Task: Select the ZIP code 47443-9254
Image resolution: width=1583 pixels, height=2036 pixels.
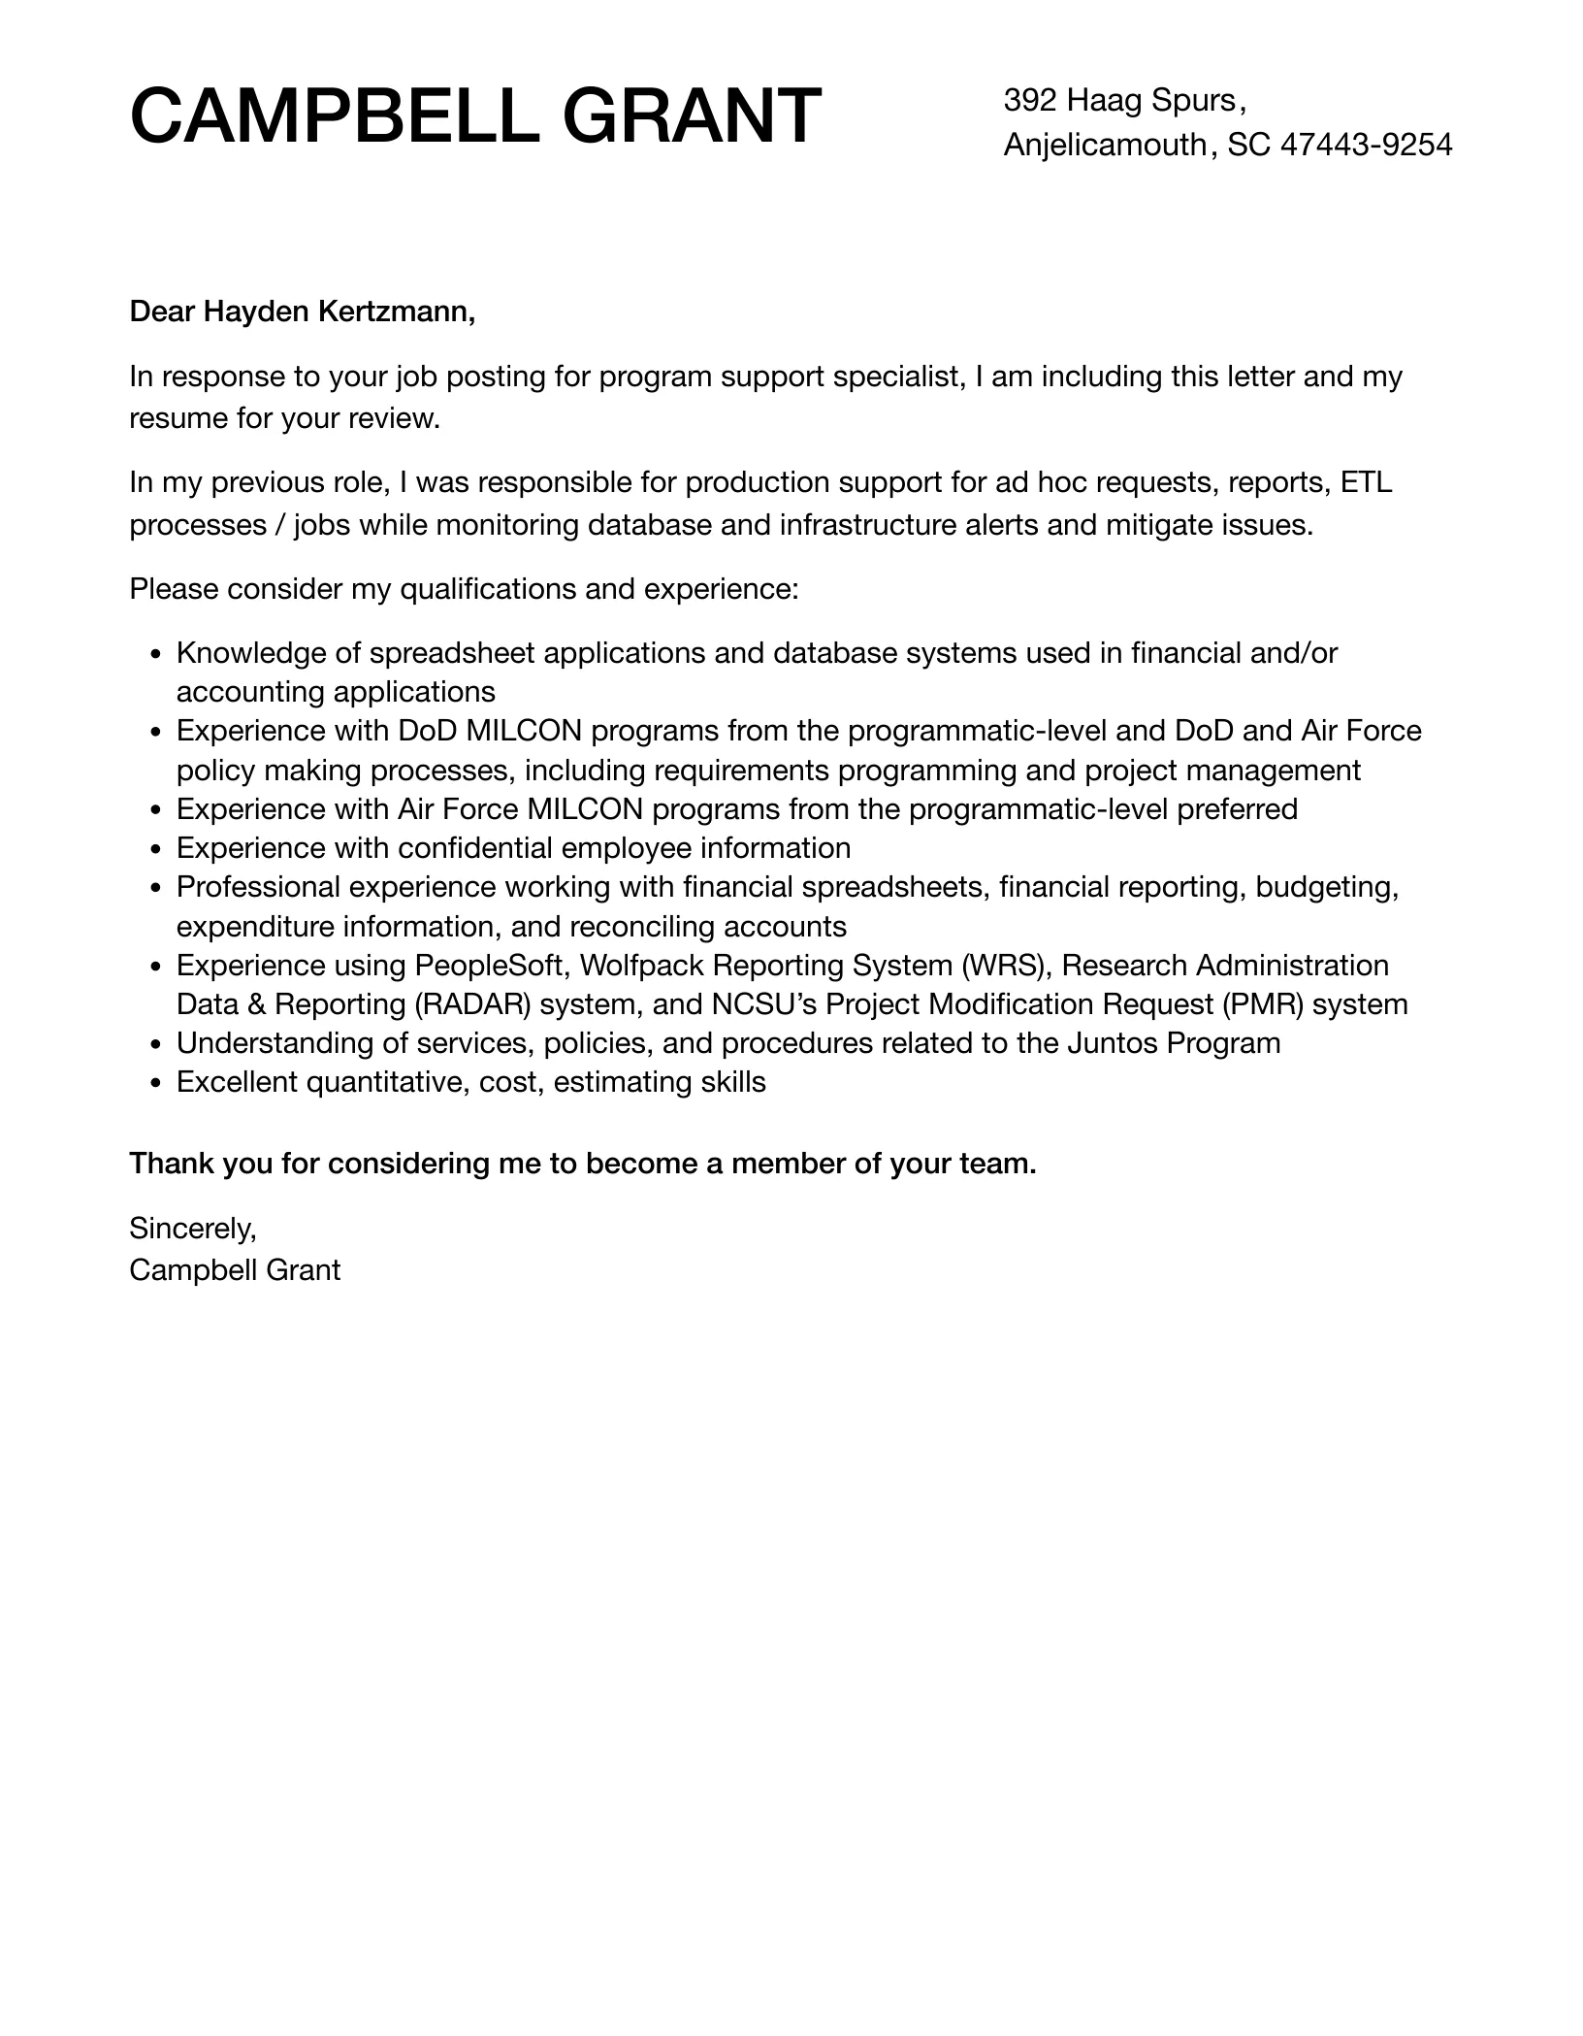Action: [x=1367, y=145]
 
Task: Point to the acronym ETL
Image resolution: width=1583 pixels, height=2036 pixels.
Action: [x=1366, y=482]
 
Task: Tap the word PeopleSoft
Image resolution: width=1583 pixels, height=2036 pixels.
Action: [x=489, y=966]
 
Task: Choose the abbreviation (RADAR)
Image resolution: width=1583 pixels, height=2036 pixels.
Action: [x=472, y=1004]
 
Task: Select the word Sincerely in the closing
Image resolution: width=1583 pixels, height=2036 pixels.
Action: [x=192, y=1229]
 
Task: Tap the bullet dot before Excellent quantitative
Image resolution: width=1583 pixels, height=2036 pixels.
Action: [x=156, y=1083]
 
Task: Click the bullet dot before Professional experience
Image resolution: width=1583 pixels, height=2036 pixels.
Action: [x=156, y=888]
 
